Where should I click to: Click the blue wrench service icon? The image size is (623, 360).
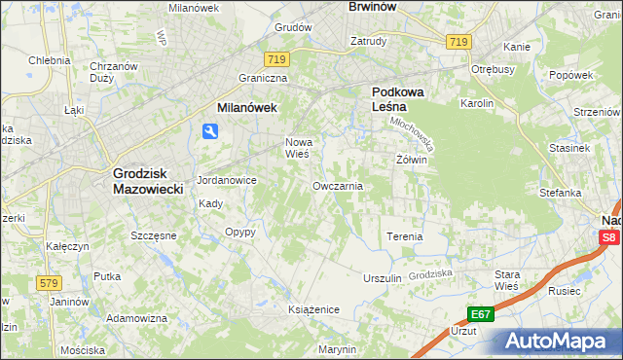coord(210,132)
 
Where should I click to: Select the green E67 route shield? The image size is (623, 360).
coord(479,313)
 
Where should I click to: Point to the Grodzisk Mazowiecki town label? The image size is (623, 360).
coord(148,181)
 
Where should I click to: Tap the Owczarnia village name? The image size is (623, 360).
coord(338,185)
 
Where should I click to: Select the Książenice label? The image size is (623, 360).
coord(313,308)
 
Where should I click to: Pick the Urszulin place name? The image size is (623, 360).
coord(382,278)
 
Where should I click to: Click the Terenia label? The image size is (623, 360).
coord(405,236)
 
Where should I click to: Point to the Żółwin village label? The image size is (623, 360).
coord(412,160)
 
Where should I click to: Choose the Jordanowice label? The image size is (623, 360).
coord(226,180)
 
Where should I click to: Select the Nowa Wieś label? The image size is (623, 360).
coord(297,147)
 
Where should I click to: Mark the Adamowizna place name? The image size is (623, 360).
coord(137,318)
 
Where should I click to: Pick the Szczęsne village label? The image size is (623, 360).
coord(153,235)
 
